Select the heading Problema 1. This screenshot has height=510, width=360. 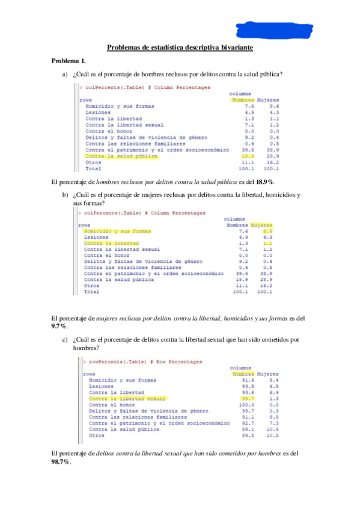point(69,61)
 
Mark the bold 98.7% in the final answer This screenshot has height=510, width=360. point(61,461)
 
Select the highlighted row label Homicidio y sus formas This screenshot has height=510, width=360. point(118,230)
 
